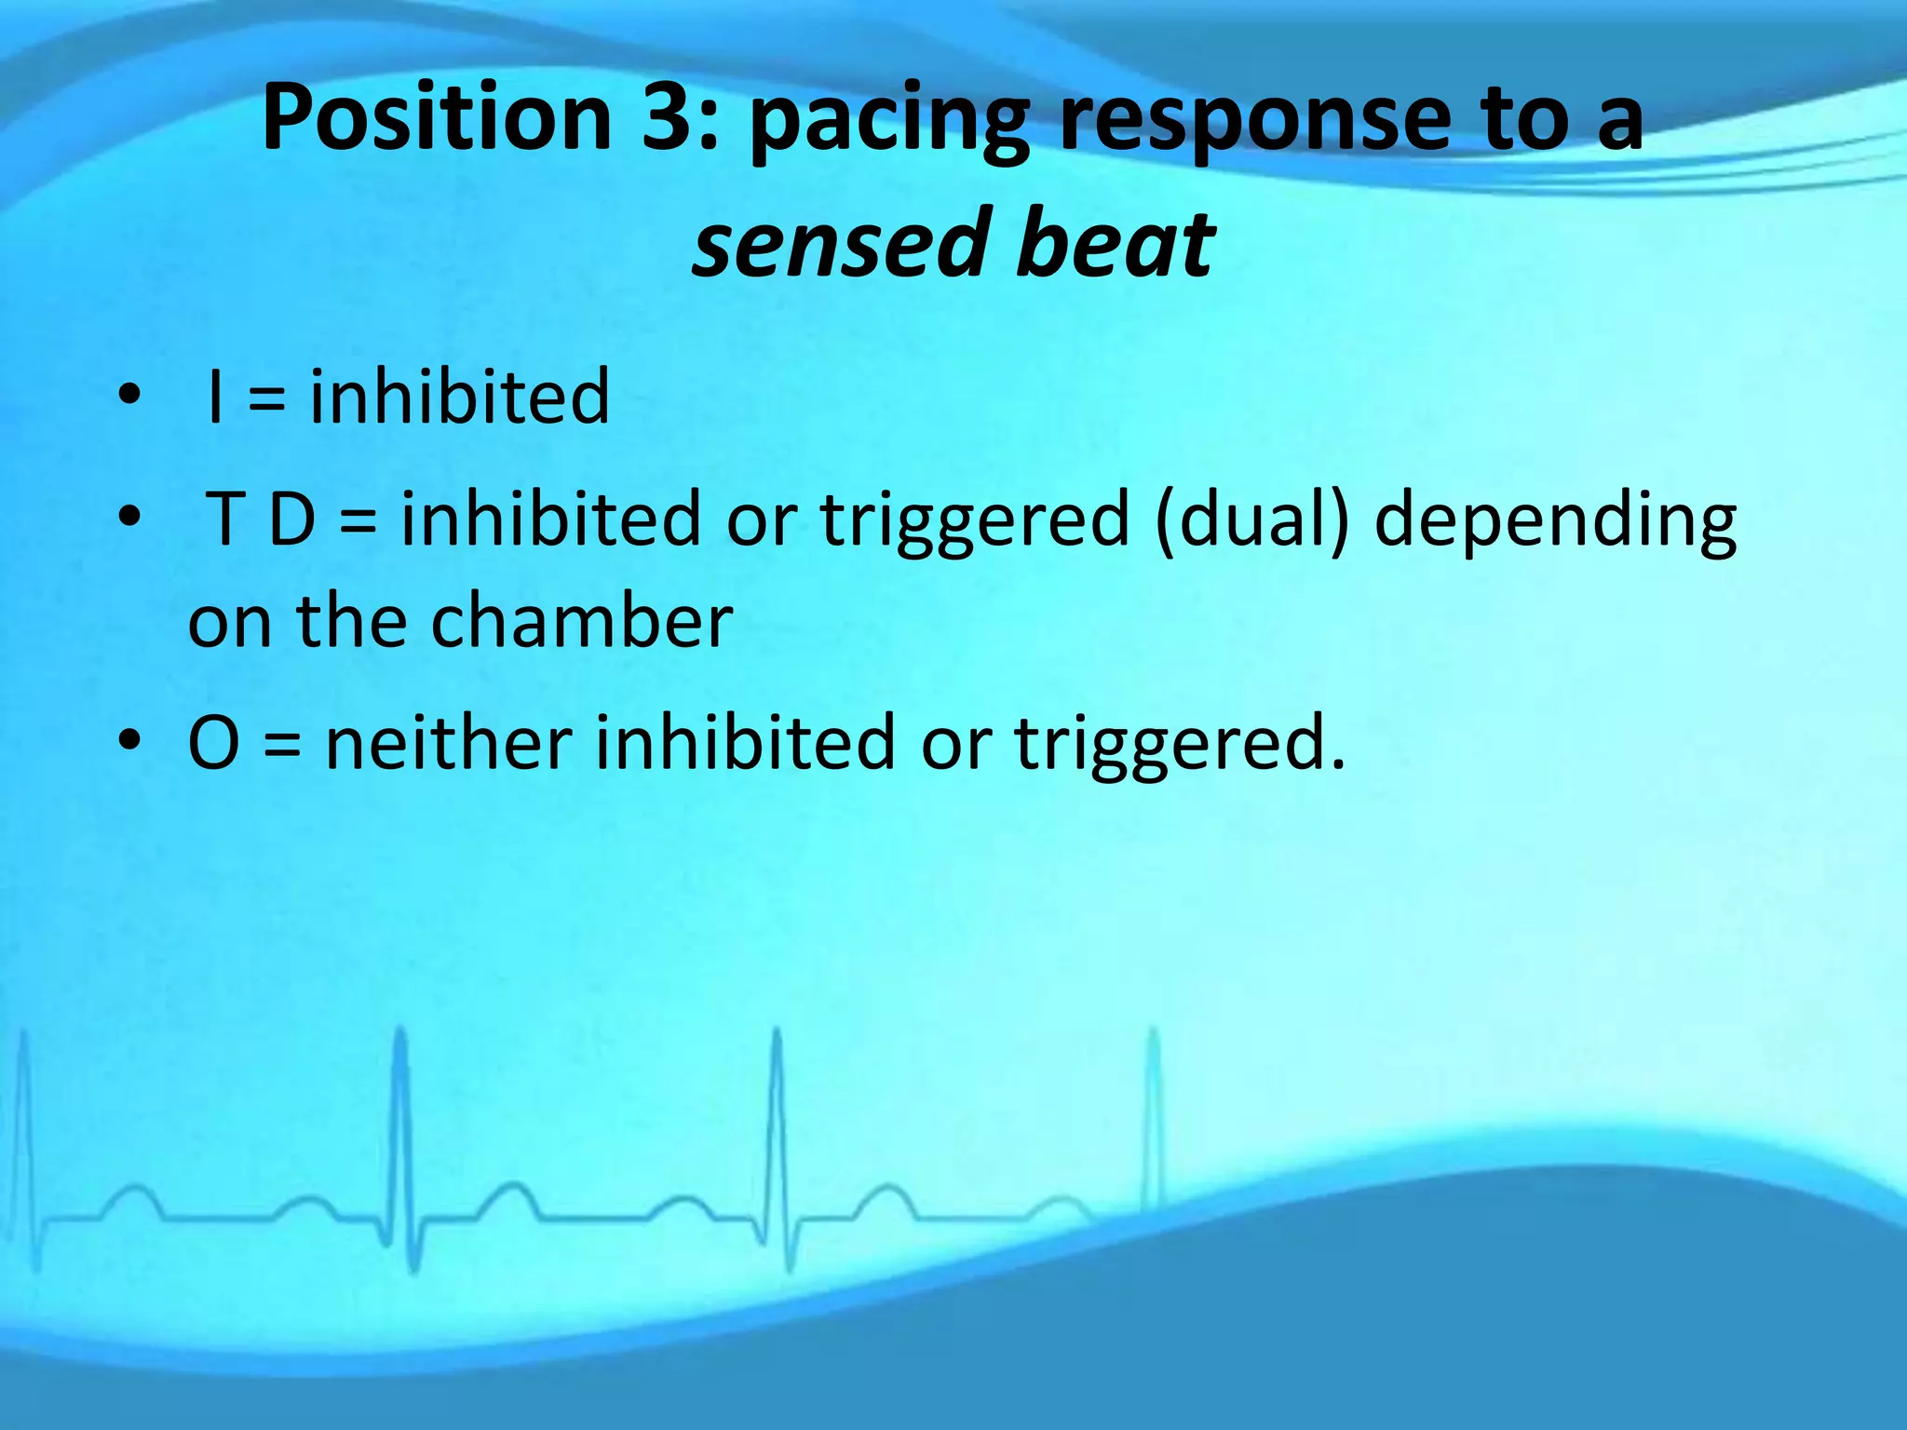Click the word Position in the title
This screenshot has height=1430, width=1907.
[436, 117]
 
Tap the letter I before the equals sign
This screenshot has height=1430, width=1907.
[216, 397]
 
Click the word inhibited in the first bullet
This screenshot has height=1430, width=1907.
[459, 397]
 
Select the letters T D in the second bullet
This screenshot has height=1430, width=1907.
[262, 519]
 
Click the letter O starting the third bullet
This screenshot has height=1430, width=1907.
[213, 743]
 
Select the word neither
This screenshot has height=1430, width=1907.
[448, 743]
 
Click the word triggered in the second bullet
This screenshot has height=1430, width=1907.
[975, 521]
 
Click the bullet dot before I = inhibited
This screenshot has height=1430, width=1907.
[129, 395]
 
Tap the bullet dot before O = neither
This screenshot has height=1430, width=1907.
[129, 741]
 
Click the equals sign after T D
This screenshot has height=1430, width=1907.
[358, 521]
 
